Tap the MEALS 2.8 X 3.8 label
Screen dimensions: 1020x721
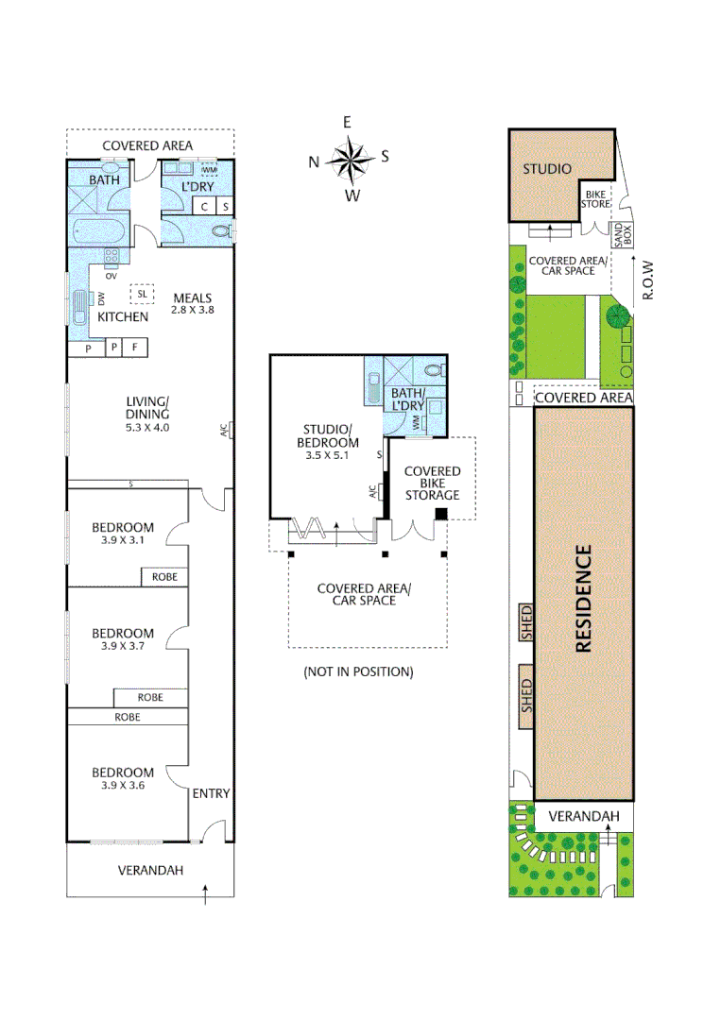pyautogui.click(x=192, y=303)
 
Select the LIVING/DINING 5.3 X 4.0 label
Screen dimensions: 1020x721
pyautogui.click(x=148, y=414)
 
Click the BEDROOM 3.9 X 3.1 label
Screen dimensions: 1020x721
pyautogui.click(x=123, y=533)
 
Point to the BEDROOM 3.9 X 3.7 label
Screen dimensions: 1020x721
pyautogui.click(x=123, y=639)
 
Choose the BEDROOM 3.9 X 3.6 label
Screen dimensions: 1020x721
pyautogui.click(x=123, y=778)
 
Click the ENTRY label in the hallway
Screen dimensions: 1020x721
pyautogui.click(x=211, y=793)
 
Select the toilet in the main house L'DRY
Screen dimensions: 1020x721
pyautogui.click(x=221, y=230)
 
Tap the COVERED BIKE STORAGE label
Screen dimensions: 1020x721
pyautogui.click(x=432, y=483)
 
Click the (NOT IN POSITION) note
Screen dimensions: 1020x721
pyautogui.click(x=358, y=671)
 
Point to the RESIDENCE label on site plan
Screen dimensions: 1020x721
pyautogui.click(x=583, y=599)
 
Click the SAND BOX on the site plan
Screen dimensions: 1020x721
pyautogui.click(x=621, y=235)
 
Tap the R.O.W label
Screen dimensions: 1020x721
pyautogui.click(x=647, y=280)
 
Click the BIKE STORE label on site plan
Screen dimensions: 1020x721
pyautogui.click(x=595, y=198)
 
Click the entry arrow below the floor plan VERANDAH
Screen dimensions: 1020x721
pyautogui.click(x=207, y=893)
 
